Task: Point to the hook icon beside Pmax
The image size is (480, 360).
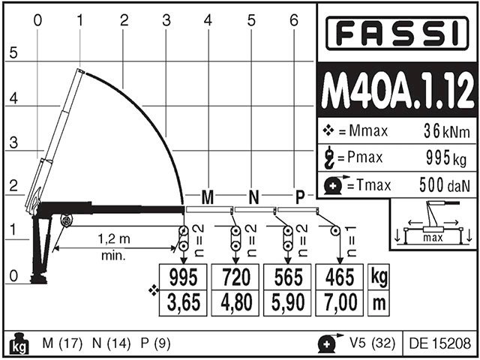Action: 328,157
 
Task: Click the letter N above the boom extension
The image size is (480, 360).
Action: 253,197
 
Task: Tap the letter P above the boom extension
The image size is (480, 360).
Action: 300,197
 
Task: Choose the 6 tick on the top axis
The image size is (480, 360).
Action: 294,20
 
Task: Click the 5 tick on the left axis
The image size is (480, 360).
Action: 13,54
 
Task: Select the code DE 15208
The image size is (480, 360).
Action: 440,343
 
